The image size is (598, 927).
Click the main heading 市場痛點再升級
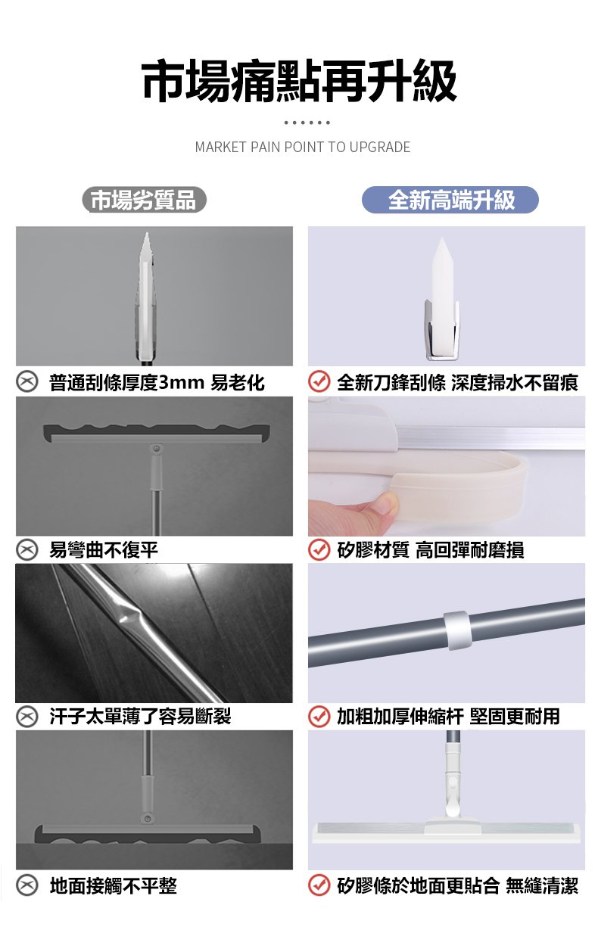(x=299, y=80)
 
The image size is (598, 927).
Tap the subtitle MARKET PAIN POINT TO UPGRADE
(x=303, y=147)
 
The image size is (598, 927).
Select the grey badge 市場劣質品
(x=144, y=200)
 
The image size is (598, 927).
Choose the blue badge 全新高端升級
(x=450, y=200)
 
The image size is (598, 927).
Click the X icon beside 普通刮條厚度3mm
(x=27, y=381)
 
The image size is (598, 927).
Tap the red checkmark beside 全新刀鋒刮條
(x=319, y=381)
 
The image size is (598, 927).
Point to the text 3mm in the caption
(x=181, y=382)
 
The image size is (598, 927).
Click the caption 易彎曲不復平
(x=104, y=550)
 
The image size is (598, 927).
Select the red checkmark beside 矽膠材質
(x=319, y=549)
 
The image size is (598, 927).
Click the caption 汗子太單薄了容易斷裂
(x=140, y=717)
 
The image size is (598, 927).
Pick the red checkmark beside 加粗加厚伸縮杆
(x=319, y=717)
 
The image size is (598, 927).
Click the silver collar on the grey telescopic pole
(x=457, y=630)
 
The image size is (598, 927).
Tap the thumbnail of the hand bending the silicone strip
(x=447, y=466)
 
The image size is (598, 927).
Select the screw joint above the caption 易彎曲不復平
(x=156, y=449)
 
